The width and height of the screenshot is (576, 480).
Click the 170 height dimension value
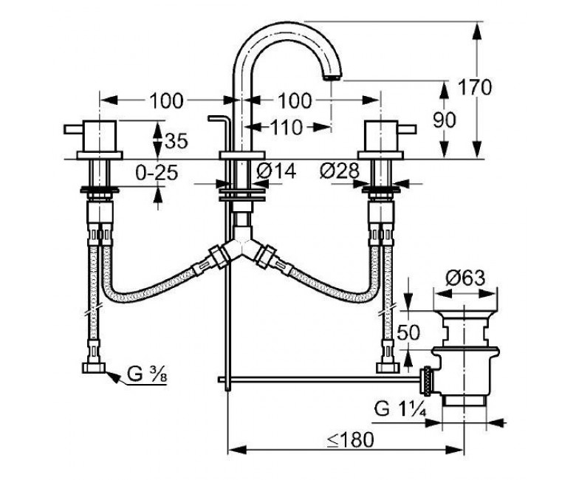click(474, 87)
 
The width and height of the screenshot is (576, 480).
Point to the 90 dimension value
click(444, 120)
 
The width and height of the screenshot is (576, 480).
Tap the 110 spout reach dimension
click(287, 128)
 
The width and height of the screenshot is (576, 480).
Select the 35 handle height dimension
click(176, 140)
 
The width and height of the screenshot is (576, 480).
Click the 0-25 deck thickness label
click(157, 172)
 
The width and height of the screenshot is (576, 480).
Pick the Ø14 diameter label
click(277, 171)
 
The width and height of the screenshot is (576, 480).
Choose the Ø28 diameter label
click(339, 171)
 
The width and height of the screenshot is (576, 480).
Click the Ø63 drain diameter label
click(465, 278)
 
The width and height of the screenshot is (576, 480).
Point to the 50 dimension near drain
click(408, 332)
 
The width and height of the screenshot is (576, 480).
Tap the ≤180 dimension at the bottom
click(351, 439)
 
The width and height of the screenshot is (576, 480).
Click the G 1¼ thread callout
click(400, 408)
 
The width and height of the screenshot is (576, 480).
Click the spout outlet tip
click(332, 78)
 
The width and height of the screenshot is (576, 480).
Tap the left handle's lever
click(74, 129)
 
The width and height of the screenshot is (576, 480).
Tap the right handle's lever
click(407, 129)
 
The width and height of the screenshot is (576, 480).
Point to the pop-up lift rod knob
click(219, 118)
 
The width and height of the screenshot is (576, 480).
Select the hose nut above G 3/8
click(94, 368)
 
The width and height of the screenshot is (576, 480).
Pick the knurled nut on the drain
click(427, 382)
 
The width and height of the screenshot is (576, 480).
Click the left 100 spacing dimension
click(165, 100)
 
